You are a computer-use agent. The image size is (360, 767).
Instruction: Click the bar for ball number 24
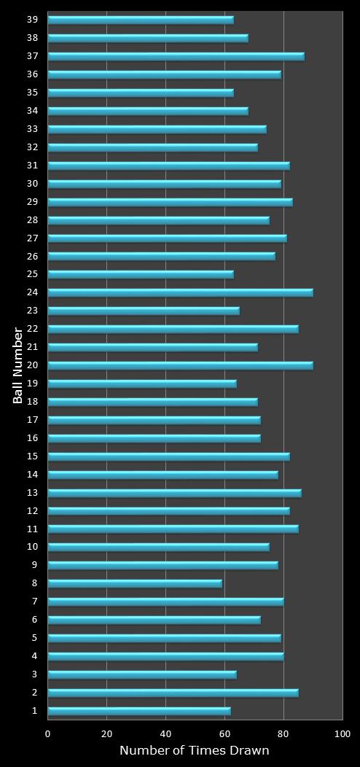[x=180, y=292]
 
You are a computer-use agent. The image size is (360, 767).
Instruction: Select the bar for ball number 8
[x=135, y=583]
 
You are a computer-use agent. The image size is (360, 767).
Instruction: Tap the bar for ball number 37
[x=176, y=56]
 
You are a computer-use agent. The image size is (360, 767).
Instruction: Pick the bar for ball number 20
[x=180, y=365]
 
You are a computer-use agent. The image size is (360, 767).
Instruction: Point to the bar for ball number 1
[x=139, y=711]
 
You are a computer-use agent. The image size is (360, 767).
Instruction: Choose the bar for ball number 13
[x=174, y=493]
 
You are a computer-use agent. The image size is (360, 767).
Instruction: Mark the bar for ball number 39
[x=141, y=20]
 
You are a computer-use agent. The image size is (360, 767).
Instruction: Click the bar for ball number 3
[x=142, y=674]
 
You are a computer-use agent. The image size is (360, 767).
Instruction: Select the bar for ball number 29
[x=170, y=202]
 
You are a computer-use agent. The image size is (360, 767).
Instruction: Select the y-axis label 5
[x=34, y=638]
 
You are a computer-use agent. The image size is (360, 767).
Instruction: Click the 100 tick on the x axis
[x=342, y=733]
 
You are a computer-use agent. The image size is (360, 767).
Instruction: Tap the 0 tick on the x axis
[x=48, y=733]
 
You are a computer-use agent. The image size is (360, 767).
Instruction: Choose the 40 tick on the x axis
[x=165, y=733]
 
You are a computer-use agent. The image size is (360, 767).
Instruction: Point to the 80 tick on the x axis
[x=283, y=733]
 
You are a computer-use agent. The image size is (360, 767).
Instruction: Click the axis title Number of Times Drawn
[x=195, y=751]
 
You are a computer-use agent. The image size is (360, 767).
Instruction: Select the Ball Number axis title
[x=18, y=365]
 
